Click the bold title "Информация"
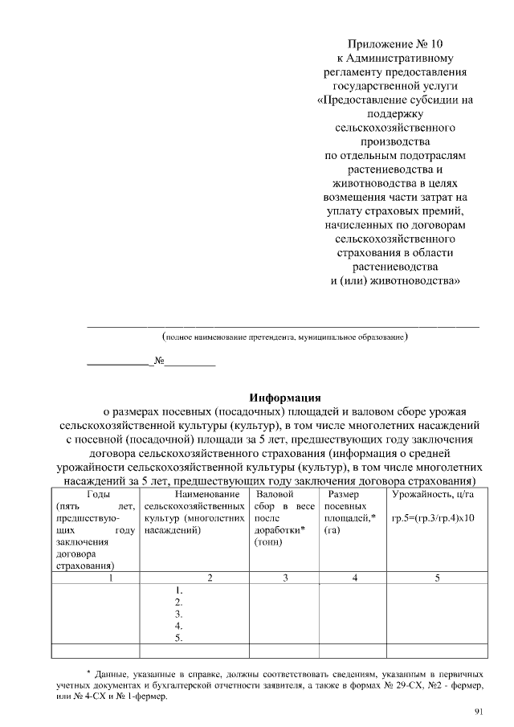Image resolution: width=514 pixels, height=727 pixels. (285, 397)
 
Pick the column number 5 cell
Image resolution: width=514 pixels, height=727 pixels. (438, 577)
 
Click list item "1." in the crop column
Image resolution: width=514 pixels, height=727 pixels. (180, 589)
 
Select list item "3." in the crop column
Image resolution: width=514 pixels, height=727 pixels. (180, 614)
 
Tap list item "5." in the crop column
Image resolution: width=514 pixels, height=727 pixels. (180, 639)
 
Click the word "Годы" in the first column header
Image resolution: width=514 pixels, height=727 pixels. (98, 494)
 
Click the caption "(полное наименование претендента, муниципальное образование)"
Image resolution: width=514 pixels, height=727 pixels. (285, 338)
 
